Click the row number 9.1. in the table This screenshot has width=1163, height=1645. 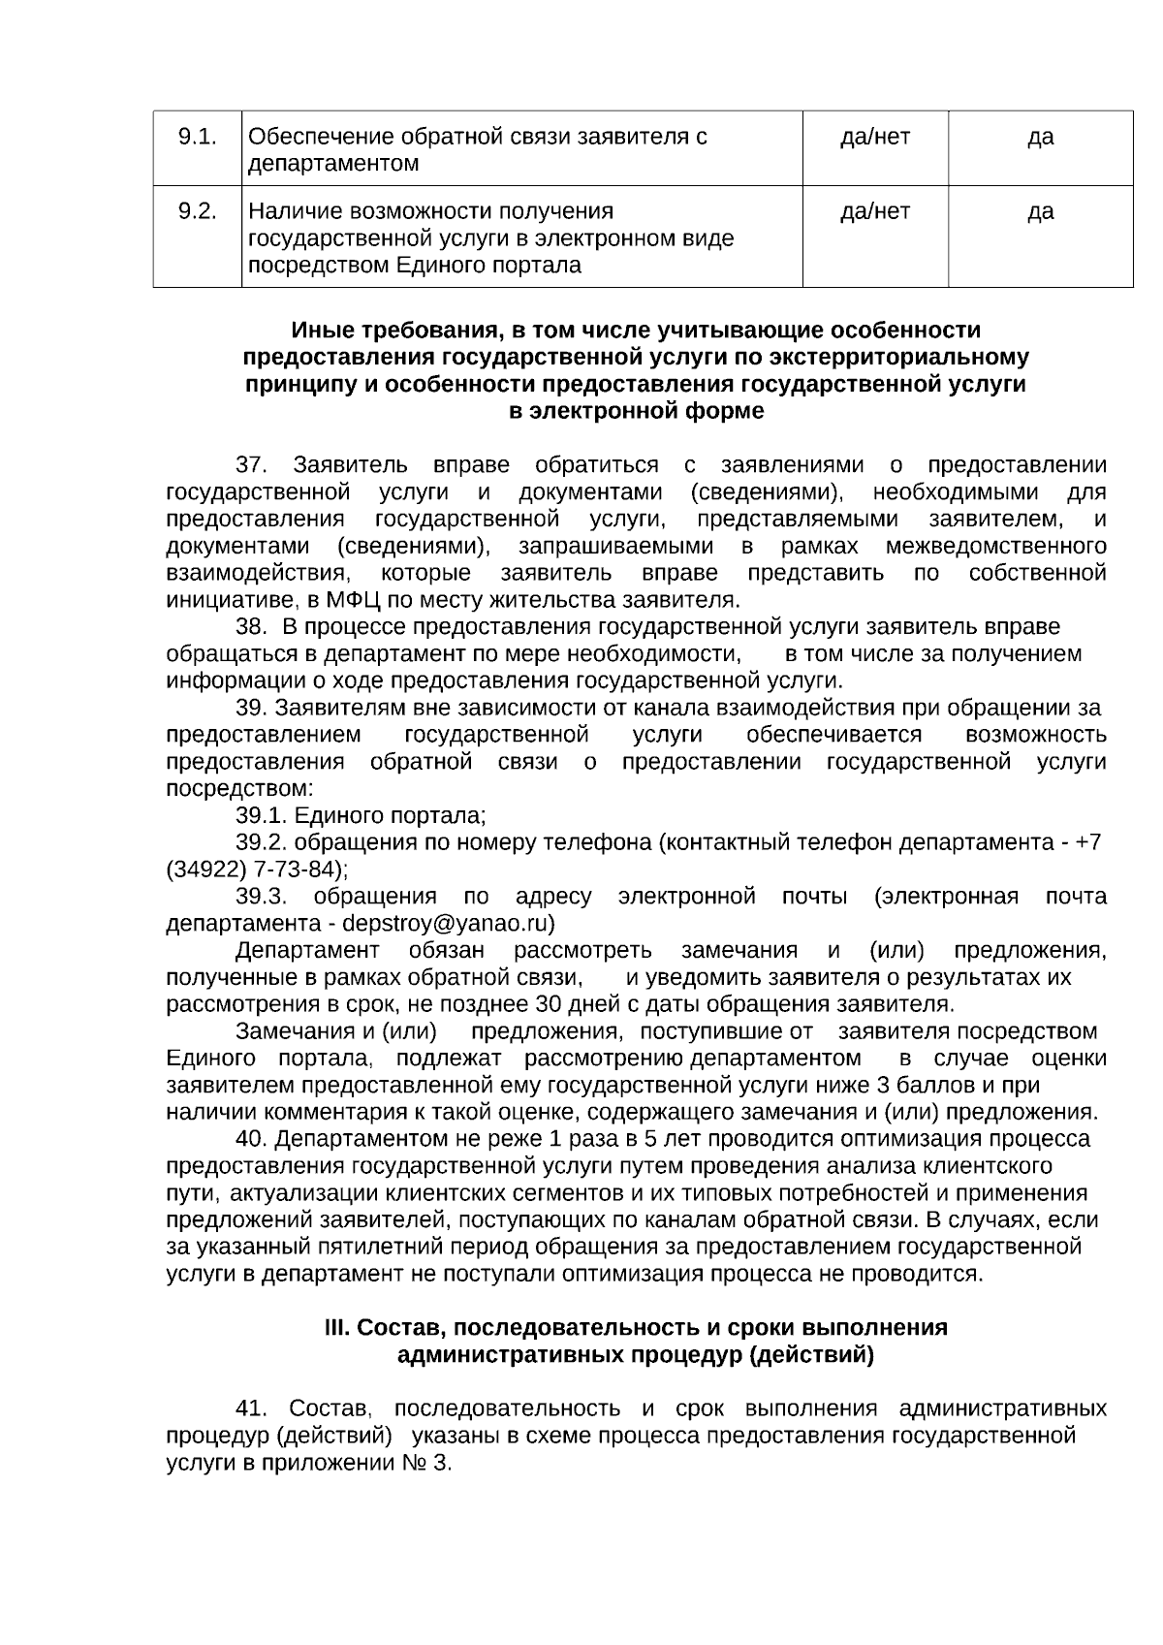pos(197,137)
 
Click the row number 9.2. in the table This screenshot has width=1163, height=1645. pos(197,211)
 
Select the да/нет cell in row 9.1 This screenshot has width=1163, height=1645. pos(874,137)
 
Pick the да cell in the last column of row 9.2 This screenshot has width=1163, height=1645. pos(1040,211)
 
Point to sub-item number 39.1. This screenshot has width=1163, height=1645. pos(262,815)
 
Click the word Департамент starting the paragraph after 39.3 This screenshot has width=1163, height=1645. pos(307,950)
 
